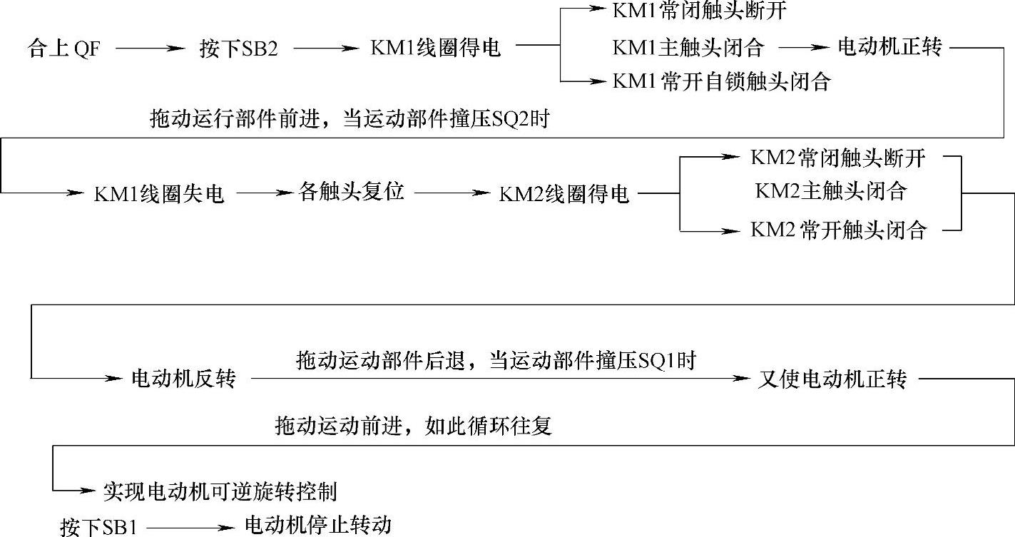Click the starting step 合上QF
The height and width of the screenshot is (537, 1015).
point(63,48)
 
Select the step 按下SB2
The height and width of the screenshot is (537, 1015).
point(238,48)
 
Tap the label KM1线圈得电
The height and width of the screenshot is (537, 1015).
point(436,48)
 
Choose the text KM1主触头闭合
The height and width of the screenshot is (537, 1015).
point(688,48)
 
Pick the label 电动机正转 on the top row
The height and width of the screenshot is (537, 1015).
point(890,47)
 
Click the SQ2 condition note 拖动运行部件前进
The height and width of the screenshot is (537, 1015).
point(350,119)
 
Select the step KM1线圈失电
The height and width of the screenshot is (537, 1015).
point(159,194)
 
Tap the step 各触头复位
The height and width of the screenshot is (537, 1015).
point(352,193)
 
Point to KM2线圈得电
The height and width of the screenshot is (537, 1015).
point(563,194)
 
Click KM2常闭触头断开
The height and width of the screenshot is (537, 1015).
point(837,158)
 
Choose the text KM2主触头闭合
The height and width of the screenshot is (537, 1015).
point(830,192)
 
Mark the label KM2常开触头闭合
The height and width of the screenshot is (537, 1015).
point(838,230)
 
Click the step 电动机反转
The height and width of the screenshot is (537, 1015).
point(183,379)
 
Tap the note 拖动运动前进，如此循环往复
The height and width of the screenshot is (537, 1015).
point(414,426)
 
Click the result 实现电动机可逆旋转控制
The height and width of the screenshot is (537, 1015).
point(220,491)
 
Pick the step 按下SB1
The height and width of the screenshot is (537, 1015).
point(98,528)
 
